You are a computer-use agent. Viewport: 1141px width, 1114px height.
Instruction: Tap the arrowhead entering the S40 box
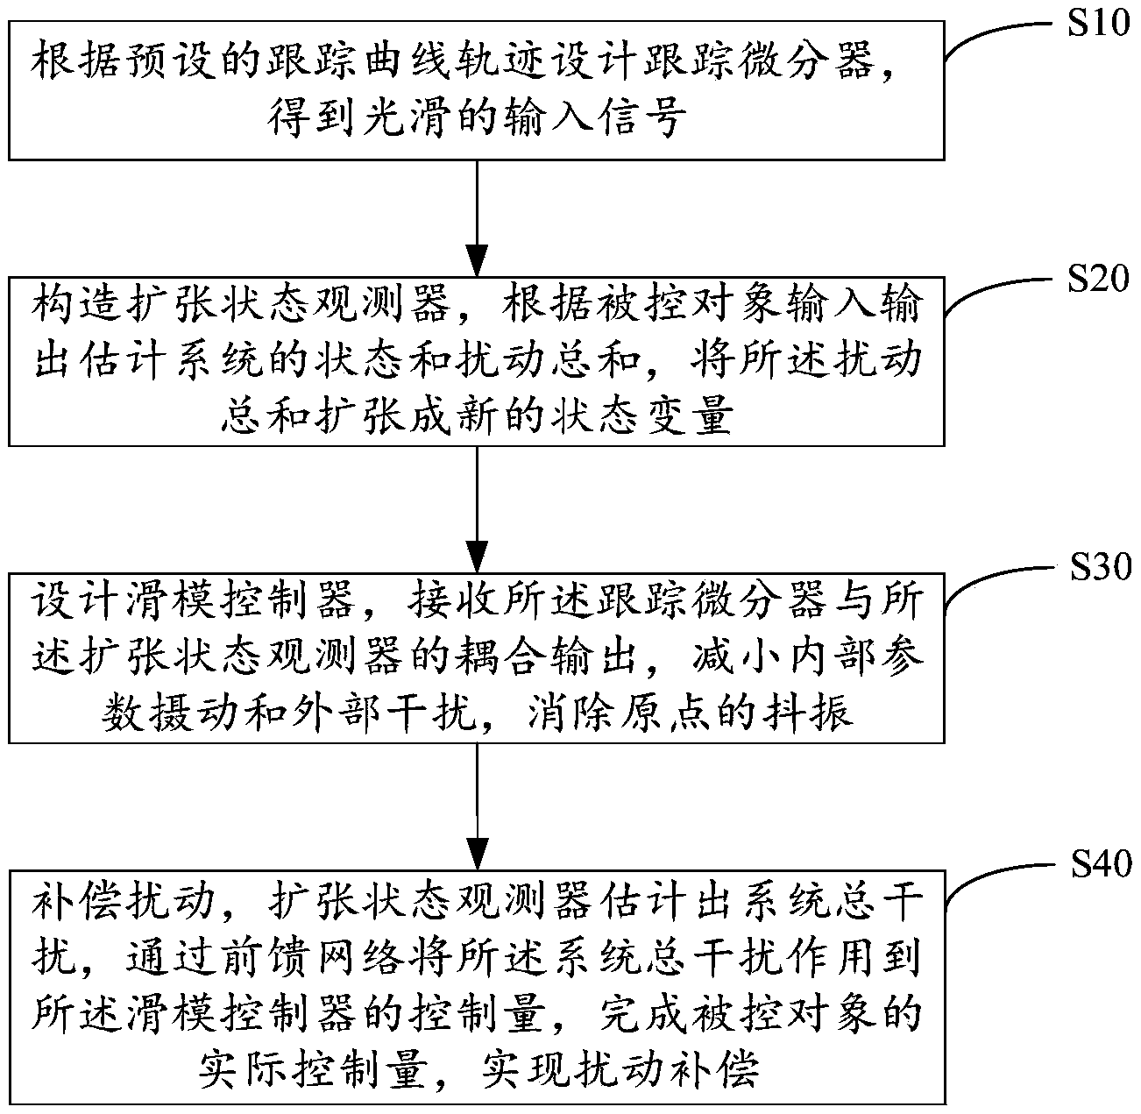pos(477,852)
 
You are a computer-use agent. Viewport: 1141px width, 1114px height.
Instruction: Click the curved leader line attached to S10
pos(990,35)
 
